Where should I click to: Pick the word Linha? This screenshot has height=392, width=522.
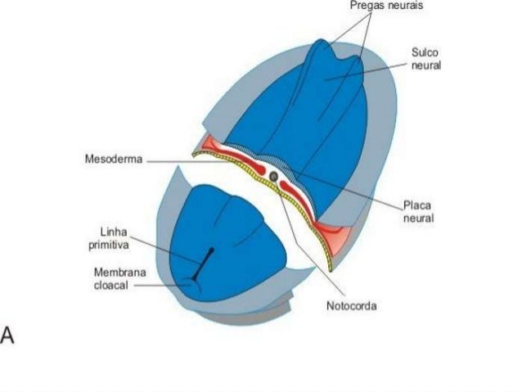pyautogui.click(x=113, y=232)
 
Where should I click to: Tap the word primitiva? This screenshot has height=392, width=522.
pyautogui.click(x=109, y=243)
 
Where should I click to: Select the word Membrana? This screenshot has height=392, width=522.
pyautogui.click(x=114, y=272)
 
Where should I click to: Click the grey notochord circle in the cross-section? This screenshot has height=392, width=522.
pyautogui.click(x=274, y=175)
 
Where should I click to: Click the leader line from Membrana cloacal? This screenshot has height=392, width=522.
pyautogui.click(x=160, y=286)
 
